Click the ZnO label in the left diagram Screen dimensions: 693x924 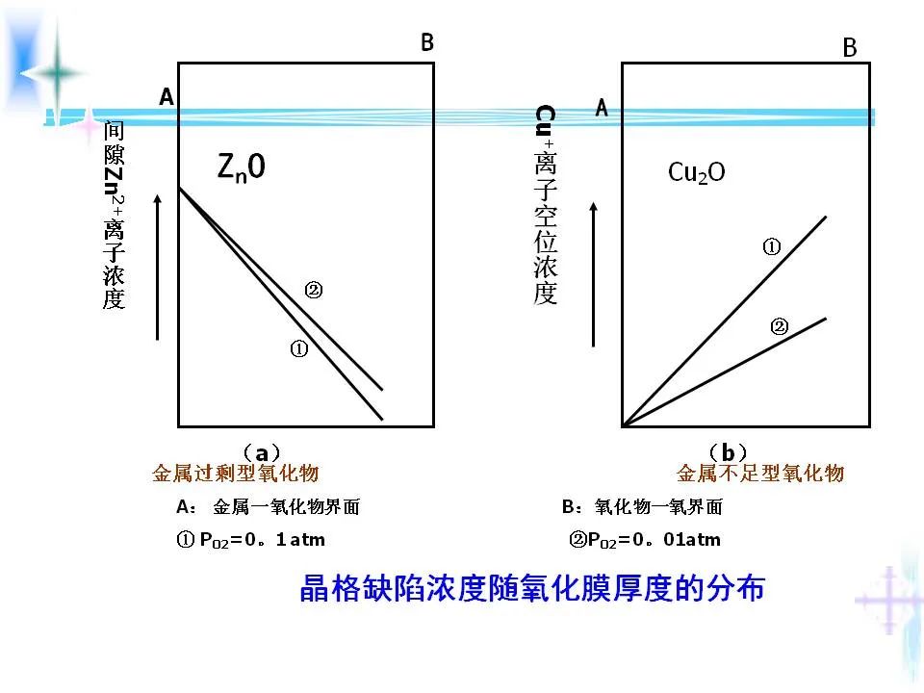tap(241, 168)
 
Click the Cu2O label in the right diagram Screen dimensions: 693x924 tap(697, 172)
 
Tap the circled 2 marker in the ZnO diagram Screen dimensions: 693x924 tap(313, 289)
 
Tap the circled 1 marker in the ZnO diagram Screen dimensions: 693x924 tap(298, 350)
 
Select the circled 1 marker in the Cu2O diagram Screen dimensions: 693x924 tap(771, 247)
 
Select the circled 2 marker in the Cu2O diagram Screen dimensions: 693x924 tap(780, 327)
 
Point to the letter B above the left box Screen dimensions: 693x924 tap(427, 42)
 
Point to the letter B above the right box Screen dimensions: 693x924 tap(850, 48)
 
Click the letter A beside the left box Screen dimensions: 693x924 tap(167, 97)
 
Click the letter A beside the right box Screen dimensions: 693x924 tap(602, 108)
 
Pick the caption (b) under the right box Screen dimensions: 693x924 tap(728, 451)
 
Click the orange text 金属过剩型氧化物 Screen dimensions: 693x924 tap(236, 474)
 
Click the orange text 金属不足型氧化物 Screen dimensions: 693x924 tap(760, 474)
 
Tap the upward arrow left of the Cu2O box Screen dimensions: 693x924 tap(595, 274)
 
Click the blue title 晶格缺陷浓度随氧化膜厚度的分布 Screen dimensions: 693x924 tap(532, 588)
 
